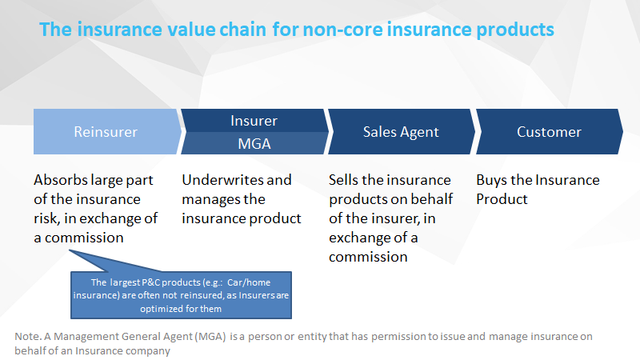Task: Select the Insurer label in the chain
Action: (x=254, y=121)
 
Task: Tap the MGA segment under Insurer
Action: (x=254, y=143)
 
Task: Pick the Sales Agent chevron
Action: (x=402, y=131)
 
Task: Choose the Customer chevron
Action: (x=550, y=131)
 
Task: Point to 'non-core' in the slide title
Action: (x=343, y=30)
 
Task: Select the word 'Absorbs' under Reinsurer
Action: (x=61, y=179)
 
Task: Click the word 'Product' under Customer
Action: (x=502, y=199)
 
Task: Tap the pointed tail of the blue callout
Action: (x=70, y=250)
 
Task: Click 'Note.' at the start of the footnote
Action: (x=28, y=336)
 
